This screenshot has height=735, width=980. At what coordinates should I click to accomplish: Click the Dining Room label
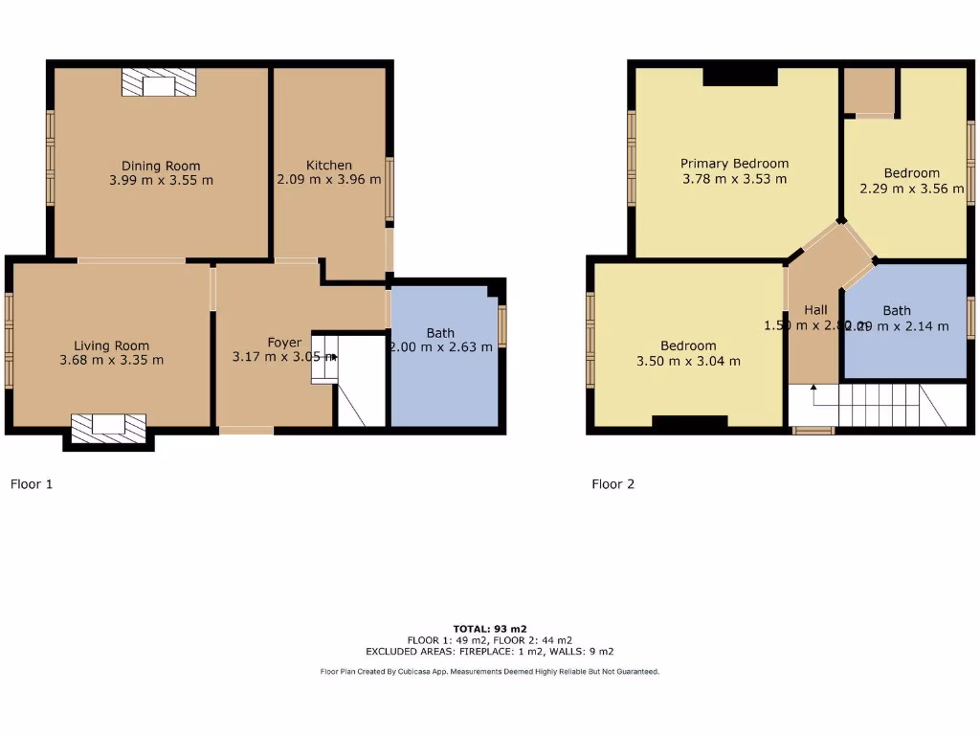tap(161, 166)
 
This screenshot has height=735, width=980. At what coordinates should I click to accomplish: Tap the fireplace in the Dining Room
tap(159, 83)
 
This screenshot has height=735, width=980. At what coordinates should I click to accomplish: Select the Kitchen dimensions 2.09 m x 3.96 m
tap(328, 179)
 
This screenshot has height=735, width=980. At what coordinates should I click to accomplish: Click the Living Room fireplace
tap(108, 428)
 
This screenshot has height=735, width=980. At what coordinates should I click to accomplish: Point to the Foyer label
tap(284, 343)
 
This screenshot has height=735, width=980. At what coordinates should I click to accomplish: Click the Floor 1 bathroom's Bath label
tap(440, 333)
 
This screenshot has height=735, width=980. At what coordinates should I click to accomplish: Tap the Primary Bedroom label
tap(734, 164)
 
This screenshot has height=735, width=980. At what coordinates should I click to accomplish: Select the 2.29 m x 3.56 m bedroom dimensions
tap(911, 189)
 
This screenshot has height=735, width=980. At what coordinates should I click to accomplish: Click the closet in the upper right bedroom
tap(869, 91)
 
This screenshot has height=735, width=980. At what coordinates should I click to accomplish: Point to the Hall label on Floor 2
tap(815, 310)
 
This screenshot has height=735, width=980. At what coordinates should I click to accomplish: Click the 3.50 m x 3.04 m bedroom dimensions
tap(688, 361)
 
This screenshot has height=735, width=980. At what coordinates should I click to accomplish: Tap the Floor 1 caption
tap(32, 484)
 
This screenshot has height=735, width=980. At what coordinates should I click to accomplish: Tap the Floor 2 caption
tap(612, 484)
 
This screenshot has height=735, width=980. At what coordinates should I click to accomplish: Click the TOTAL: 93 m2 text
tap(490, 629)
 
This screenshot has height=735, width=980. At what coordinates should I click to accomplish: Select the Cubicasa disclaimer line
tap(490, 672)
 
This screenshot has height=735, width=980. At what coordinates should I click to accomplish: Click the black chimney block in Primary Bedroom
tap(741, 78)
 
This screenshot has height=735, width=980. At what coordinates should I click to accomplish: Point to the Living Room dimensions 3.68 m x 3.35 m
tap(112, 360)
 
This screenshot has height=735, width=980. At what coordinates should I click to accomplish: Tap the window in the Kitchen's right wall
tap(389, 189)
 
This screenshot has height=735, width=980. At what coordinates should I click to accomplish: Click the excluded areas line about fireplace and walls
tap(490, 652)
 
